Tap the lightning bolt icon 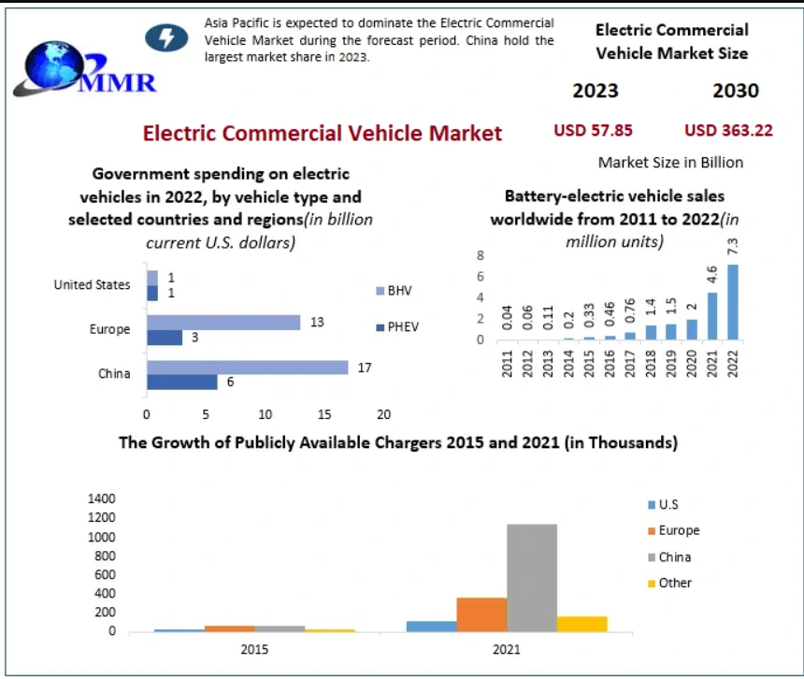coord(167,37)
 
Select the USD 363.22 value coord(728,130)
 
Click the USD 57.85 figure coord(593,130)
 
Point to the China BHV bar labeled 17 coord(247,368)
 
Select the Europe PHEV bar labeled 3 coord(165,338)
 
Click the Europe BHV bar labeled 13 coord(223,323)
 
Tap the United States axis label coord(93,284)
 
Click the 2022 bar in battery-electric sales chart coord(732,302)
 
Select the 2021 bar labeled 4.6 coord(711,316)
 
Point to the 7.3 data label coord(733,247)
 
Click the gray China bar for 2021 coord(532,577)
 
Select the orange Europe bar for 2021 coord(481,614)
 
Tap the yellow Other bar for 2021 coord(582,623)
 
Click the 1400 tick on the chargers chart coord(102,498)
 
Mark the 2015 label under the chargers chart coord(254,649)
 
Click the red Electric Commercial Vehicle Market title coord(323,133)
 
